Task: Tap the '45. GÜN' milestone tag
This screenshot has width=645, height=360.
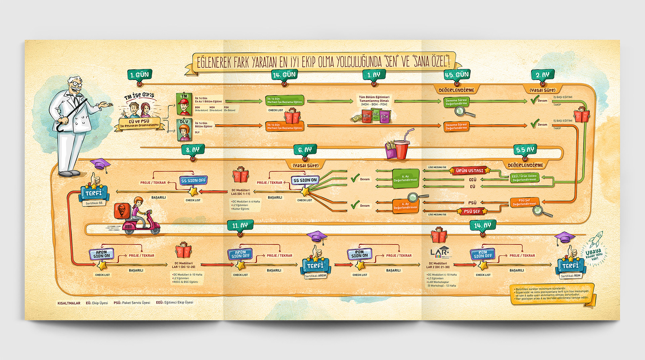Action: [457, 75]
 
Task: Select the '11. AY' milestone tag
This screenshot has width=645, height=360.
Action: [240, 225]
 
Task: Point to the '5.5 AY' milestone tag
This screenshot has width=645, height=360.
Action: [525, 150]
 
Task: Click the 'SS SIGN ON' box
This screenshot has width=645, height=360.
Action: [305, 180]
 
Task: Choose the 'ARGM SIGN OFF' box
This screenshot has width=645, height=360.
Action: [240, 254]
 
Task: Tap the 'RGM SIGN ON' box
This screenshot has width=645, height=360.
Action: [359, 254]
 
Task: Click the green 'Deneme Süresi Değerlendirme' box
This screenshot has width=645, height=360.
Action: [456, 102]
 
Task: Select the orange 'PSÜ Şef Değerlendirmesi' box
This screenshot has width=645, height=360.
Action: [524, 202]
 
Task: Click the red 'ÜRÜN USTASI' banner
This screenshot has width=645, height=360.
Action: [469, 171]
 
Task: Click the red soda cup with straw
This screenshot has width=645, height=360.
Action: [402, 148]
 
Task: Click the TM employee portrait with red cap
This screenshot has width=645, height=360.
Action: [184, 104]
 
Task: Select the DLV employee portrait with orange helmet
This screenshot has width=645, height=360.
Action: [184, 129]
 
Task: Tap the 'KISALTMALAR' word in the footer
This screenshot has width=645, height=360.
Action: [69, 303]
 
